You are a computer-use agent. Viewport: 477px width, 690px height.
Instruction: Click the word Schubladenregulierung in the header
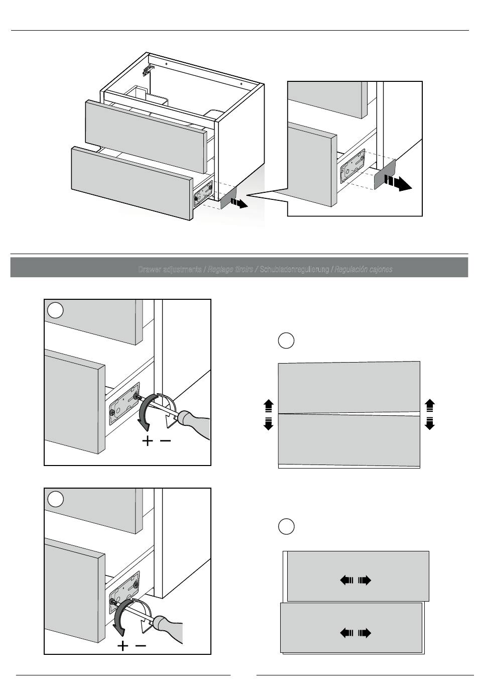[x=294, y=270]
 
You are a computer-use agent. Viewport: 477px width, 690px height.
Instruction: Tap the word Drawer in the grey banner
[x=150, y=270]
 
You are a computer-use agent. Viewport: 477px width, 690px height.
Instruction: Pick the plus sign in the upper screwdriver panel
[x=148, y=441]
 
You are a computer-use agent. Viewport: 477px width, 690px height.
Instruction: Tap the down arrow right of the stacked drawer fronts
[x=429, y=423]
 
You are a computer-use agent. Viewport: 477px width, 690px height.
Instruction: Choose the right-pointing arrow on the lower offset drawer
[x=365, y=633]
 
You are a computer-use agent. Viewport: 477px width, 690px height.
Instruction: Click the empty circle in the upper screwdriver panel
[x=55, y=310]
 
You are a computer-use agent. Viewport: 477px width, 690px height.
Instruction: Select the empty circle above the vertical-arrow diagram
[x=286, y=340]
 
